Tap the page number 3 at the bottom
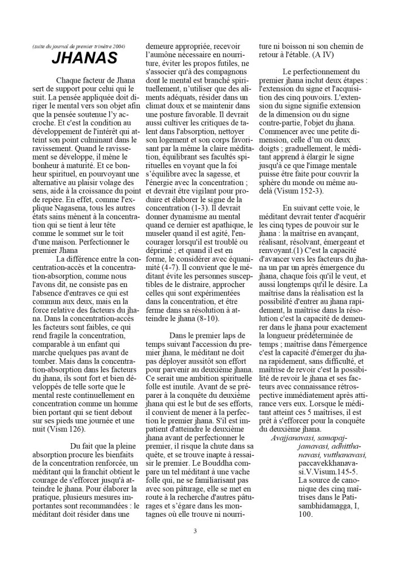tap(194, 530)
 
